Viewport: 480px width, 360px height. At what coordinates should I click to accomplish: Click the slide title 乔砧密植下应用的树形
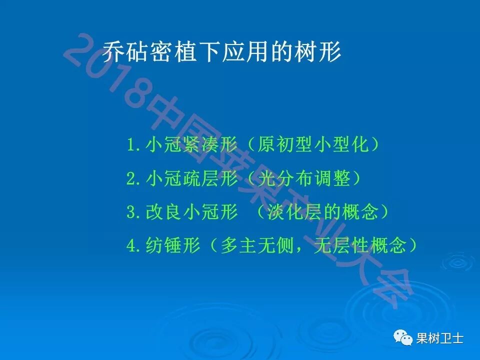(222, 52)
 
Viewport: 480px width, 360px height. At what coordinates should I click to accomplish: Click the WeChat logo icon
(403, 338)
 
